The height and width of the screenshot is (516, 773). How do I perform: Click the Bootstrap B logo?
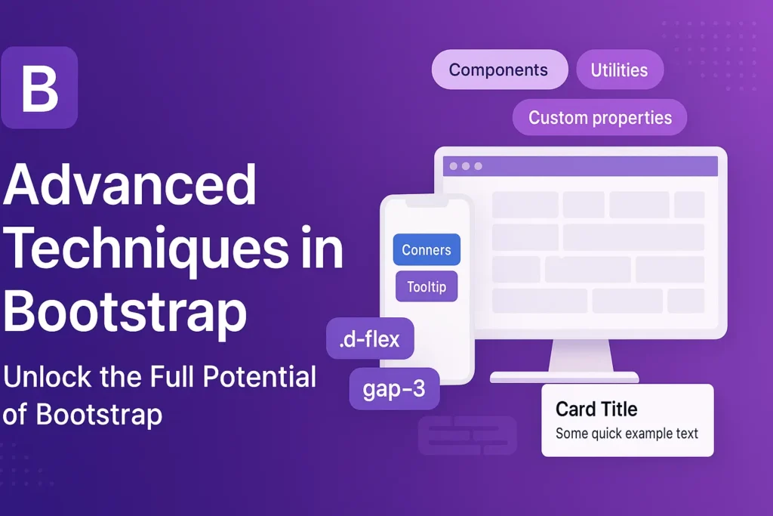tap(39, 88)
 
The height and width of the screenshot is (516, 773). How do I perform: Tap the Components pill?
tap(499, 70)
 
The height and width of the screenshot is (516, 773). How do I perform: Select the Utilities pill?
tap(619, 70)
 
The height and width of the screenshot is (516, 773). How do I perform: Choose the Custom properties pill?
tap(599, 118)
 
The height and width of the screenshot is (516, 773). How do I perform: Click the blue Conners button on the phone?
tap(427, 250)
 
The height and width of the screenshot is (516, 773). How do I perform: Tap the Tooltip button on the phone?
tap(427, 287)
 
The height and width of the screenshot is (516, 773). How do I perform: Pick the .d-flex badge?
tap(370, 339)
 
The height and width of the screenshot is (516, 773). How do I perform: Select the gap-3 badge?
tap(394, 389)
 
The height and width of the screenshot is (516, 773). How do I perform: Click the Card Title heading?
tap(596, 409)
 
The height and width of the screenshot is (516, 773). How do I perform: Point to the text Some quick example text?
tap(627, 434)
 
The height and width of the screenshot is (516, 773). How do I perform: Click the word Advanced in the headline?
tap(130, 186)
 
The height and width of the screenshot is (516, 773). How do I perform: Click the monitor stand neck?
tap(580, 355)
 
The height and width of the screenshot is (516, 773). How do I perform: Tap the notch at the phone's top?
tap(427, 202)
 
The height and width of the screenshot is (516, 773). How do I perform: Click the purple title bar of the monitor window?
tap(580, 166)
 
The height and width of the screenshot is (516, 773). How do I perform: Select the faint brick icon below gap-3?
tap(467, 436)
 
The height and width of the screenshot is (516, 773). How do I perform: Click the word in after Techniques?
tap(323, 249)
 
